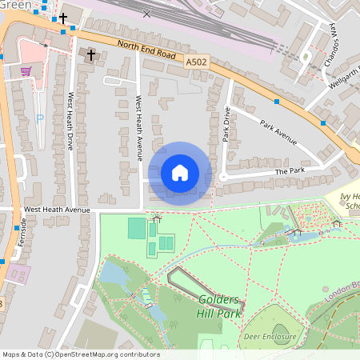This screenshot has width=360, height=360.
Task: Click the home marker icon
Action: [x=180, y=172]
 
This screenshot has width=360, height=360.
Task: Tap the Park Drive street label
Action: [x=226, y=125]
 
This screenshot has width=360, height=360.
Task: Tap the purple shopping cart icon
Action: [x=26, y=71]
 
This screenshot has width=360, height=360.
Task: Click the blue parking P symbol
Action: [x=39, y=118]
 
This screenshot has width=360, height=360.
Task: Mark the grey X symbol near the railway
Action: [x=146, y=14]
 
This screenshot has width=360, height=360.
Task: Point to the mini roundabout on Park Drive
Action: [x=223, y=177]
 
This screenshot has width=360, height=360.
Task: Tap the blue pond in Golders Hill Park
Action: [x=113, y=275]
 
